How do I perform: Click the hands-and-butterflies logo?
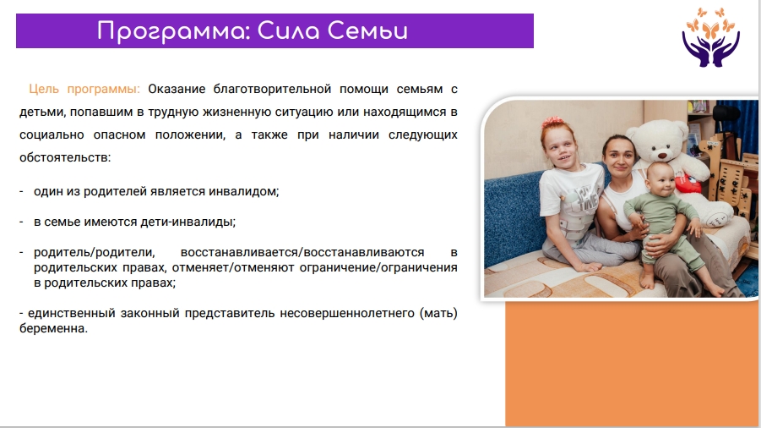click(710, 37)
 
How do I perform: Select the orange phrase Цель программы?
click(84, 89)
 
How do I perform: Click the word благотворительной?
click(272, 89)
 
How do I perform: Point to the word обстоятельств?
click(65, 157)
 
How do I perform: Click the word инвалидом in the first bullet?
click(243, 191)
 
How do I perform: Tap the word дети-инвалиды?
click(188, 222)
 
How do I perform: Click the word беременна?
click(53, 328)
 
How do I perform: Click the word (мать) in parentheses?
click(438, 313)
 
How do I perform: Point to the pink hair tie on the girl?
click(553, 122)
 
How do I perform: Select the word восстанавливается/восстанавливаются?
click(302, 253)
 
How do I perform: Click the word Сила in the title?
click(288, 31)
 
